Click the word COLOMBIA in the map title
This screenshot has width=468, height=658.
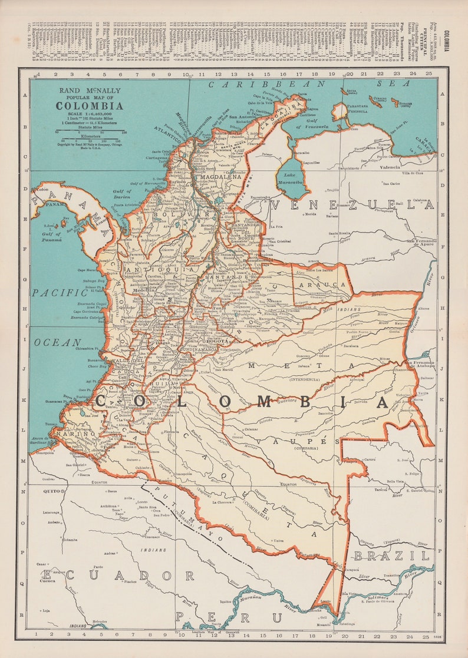(x=90, y=106)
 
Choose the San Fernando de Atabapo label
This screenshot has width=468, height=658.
(x=420, y=363)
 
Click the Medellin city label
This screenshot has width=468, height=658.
(x=143, y=291)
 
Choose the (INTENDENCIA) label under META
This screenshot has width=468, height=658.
(x=302, y=379)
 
